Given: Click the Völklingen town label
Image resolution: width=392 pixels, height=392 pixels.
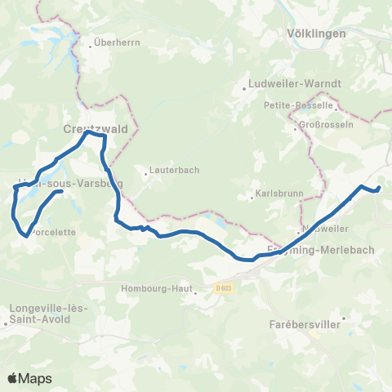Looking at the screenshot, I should click(x=317, y=33).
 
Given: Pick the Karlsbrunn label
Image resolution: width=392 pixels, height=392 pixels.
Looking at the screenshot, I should click(x=278, y=197).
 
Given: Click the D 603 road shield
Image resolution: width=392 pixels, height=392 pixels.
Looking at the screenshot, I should click(x=225, y=287).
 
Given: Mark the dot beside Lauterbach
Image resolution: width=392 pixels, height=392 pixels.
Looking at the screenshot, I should click(x=145, y=173).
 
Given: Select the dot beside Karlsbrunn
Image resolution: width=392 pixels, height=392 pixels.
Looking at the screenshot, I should click(x=252, y=197).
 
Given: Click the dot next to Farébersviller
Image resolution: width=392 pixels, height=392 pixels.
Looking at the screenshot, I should click(x=344, y=318).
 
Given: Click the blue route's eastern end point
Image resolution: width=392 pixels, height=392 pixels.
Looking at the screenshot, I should click(x=378, y=190).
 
